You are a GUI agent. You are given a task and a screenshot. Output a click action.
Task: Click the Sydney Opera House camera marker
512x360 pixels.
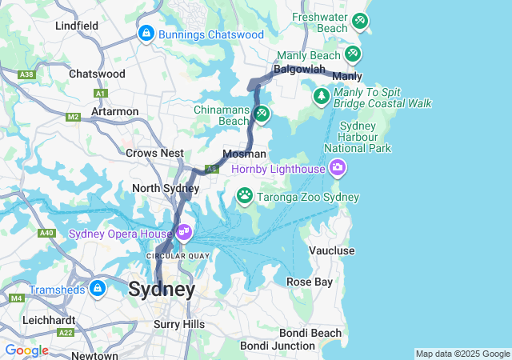(x=185, y=232)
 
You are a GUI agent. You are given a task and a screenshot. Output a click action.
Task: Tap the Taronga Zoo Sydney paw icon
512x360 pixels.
(x=245, y=195)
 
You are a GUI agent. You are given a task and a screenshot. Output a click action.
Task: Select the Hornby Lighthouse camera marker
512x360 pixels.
(x=337, y=168)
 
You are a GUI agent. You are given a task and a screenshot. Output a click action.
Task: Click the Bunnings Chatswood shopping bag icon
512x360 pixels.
(x=146, y=34)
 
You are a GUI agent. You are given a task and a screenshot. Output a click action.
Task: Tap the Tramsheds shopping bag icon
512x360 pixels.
(x=98, y=288)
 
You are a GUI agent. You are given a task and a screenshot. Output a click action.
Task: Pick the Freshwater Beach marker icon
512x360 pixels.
(x=360, y=21)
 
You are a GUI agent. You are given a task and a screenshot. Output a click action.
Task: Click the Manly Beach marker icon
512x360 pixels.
(x=352, y=54)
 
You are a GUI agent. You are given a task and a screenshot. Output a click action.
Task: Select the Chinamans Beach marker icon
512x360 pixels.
(x=261, y=114)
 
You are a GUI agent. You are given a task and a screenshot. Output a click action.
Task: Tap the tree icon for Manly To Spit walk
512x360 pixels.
(x=322, y=96)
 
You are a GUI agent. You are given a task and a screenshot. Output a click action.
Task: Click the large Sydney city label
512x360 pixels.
(x=162, y=290)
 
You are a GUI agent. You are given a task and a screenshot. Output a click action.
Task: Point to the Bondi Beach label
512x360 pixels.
(x=310, y=333)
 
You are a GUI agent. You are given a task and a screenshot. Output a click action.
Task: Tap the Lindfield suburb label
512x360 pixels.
(x=77, y=26)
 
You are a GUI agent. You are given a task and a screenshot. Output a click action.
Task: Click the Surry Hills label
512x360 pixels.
(x=178, y=324)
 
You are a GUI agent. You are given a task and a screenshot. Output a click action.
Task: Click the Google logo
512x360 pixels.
(x=26, y=350)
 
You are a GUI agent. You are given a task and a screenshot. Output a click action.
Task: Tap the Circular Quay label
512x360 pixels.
(x=177, y=256)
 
